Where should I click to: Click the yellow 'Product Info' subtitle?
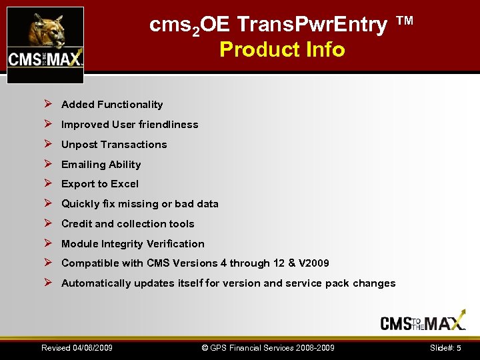tap(282, 49)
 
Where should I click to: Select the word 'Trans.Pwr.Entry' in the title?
tap(313, 25)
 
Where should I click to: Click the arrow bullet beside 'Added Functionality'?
tap(47, 104)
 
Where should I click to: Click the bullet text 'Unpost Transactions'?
tap(114, 145)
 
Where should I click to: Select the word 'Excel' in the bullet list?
tap(125, 184)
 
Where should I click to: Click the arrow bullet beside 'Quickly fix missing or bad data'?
tap(47, 203)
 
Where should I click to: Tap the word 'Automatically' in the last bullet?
tap(96, 283)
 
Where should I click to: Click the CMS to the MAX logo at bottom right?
tap(423, 323)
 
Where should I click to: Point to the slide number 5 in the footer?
tap(459, 348)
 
